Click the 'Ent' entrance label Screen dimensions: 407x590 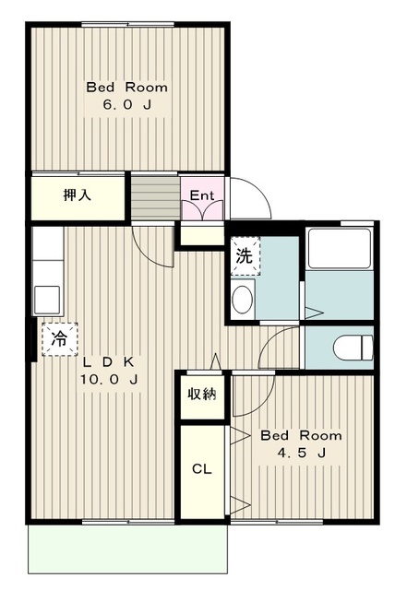pos(201,195)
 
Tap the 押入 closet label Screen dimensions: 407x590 pos(77,195)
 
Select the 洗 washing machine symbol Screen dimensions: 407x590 pos(245,256)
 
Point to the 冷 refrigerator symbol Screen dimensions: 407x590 pos(60,339)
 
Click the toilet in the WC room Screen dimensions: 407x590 pos(353,348)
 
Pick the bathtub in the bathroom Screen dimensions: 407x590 pos(340,248)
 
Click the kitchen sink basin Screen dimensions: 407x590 pos(47,300)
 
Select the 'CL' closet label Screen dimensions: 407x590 pos(201,469)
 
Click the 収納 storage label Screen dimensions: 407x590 pos(202,394)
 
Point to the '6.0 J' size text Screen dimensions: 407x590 pos(127,105)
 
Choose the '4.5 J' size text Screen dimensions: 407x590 pos(302,453)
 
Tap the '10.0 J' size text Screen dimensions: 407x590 pos(109,379)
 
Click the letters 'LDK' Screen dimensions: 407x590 pos(109,362)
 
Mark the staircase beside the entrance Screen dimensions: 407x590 pos(155,196)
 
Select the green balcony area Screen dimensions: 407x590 pos(127,549)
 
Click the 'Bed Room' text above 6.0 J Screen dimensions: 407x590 pos(127,88)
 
